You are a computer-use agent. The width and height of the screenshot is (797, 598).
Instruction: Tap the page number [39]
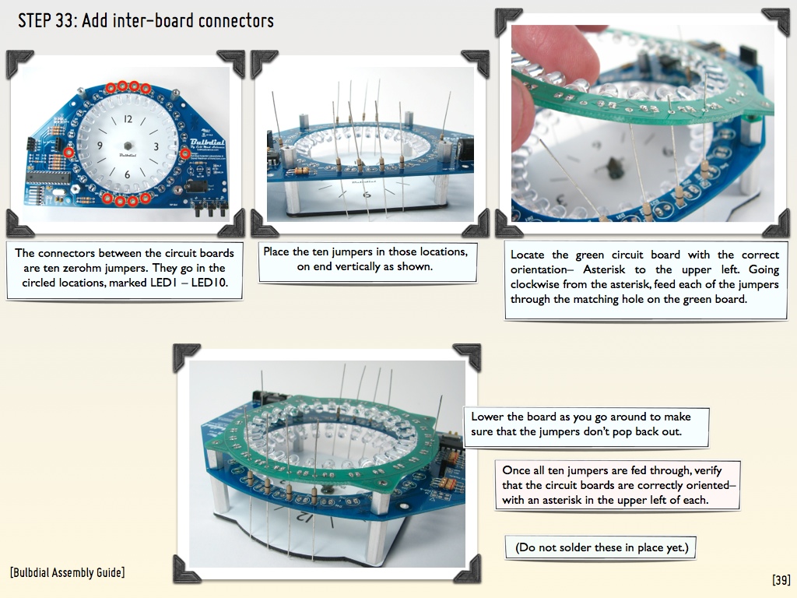[781, 579]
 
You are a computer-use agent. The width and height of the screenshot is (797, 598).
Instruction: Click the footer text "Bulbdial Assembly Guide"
[67, 572]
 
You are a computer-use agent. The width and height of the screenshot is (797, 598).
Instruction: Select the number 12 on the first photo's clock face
[128, 119]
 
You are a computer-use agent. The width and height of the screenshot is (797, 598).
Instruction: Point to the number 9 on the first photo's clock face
[100, 146]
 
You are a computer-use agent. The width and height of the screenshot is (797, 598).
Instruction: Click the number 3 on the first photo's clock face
[156, 146]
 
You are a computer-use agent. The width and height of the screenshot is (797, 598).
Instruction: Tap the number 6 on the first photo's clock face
[127, 174]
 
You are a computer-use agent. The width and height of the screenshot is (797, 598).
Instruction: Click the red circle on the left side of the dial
[68, 152]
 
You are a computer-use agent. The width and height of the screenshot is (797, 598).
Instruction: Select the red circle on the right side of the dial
[185, 153]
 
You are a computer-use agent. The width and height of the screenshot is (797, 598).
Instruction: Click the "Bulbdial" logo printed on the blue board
[207, 142]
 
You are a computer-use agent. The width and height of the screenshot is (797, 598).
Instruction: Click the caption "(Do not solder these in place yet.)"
[602, 547]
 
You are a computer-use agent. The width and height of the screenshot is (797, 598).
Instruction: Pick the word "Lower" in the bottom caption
[486, 417]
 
